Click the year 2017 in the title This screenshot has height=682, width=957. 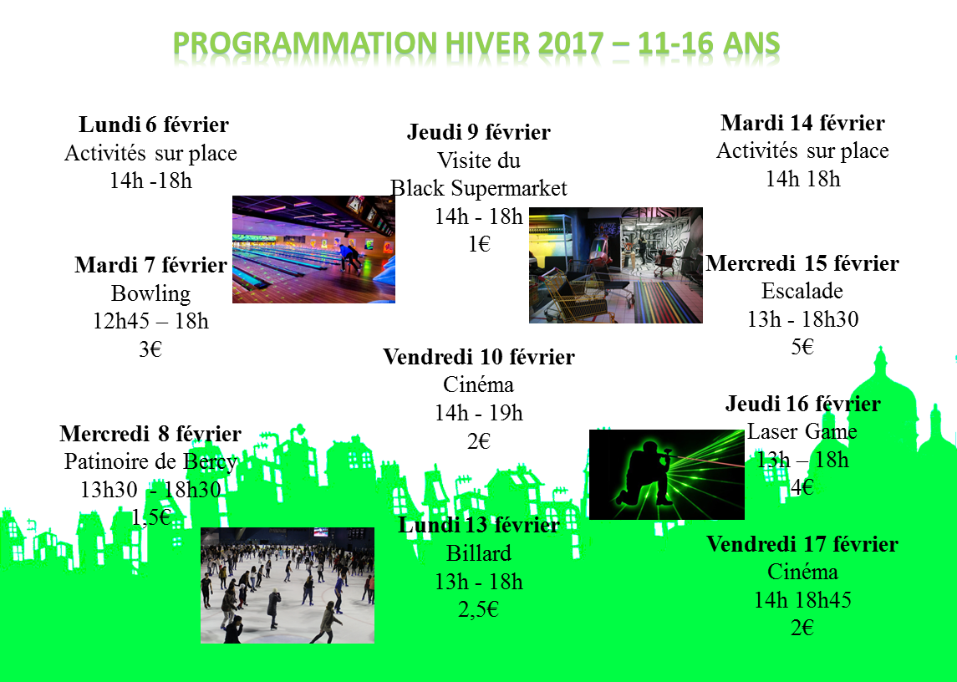pyautogui.click(x=570, y=44)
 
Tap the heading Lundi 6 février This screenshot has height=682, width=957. pyautogui.click(x=154, y=125)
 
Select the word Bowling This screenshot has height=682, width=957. pyautogui.click(x=150, y=293)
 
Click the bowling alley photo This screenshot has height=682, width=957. pyautogui.click(x=313, y=249)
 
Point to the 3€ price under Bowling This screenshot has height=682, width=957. pyautogui.click(x=150, y=349)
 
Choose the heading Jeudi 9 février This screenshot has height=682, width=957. pyautogui.click(x=478, y=132)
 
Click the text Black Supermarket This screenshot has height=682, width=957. pyautogui.click(x=478, y=188)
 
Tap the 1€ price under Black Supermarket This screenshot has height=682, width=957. pyautogui.click(x=479, y=244)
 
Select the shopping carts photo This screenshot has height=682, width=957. pyautogui.click(x=616, y=265)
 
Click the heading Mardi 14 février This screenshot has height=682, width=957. pyautogui.click(x=802, y=123)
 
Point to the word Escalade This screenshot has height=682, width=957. pyautogui.click(x=802, y=291)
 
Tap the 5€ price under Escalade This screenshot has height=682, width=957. pyautogui.click(x=802, y=347)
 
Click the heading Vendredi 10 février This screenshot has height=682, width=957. pyautogui.click(x=478, y=357)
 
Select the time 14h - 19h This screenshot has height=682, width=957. pyautogui.click(x=478, y=414)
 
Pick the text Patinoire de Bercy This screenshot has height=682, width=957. pyautogui.click(x=150, y=462)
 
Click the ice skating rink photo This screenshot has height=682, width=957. pyautogui.click(x=288, y=586)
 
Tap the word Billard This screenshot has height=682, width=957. pyautogui.click(x=478, y=553)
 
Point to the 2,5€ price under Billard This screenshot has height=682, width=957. pyautogui.click(x=478, y=609)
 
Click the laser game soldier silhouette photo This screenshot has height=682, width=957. pyautogui.click(x=666, y=475)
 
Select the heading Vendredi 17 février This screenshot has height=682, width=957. pyautogui.click(x=802, y=544)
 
